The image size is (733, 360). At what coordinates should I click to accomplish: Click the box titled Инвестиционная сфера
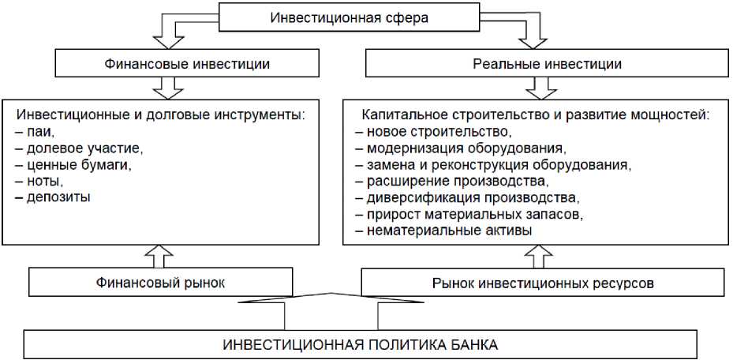click(x=349, y=17)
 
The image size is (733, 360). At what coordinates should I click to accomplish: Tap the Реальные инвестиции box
click(x=536, y=64)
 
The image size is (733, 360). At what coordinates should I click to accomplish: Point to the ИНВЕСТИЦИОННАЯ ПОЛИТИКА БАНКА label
click(x=361, y=345)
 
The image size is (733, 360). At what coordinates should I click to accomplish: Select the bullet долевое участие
click(x=76, y=148)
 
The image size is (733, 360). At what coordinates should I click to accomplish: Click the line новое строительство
click(x=434, y=131)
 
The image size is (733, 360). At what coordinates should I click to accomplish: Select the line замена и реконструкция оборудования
click(x=494, y=164)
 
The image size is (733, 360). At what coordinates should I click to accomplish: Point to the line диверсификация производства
click(x=467, y=197)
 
